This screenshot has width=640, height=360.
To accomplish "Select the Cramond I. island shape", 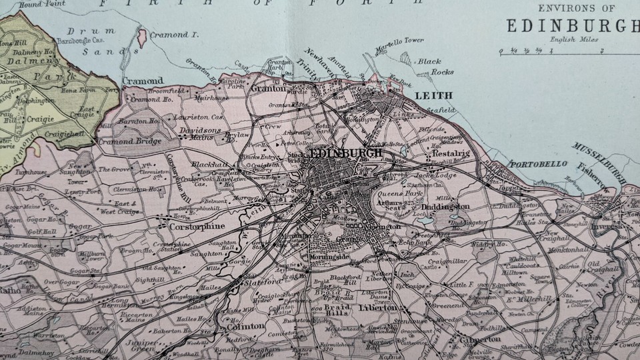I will (142, 39).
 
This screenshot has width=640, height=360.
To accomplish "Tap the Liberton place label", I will (378, 307).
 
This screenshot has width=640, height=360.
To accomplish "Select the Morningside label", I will (330, 257).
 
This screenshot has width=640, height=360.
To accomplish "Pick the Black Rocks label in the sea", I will (435, 67).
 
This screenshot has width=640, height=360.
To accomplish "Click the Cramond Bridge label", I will (129, 141).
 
